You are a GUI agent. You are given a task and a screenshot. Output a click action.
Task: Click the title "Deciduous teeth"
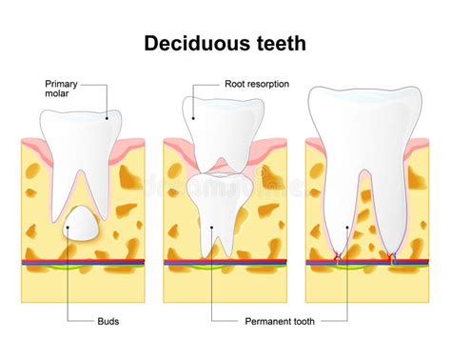(x=225, y=43)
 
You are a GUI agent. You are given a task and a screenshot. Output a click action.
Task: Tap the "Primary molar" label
(x=62, y=89)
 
